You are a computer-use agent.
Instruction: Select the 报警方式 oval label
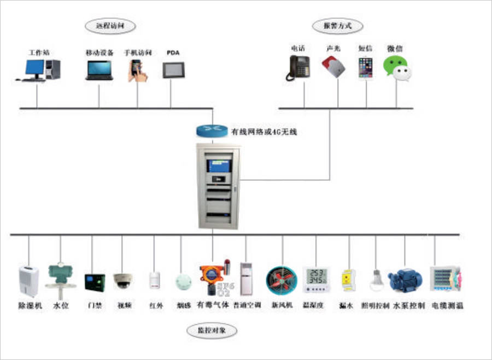pyautogui.click(x=338, y=26)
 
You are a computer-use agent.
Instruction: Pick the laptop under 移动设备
pyautogui.click(x=99, y=70)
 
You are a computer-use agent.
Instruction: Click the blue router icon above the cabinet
pyautogui.click(x=211, y=130)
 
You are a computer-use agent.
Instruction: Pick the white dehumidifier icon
pyautogui.click(x=29, y=281)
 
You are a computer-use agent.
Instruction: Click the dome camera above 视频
pyautogui.click(x=123, y=280)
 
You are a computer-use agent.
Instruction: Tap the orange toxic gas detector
pyautogui.click(x=209, y=279)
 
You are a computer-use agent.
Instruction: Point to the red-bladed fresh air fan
pyautogui.click(x=280, y=281)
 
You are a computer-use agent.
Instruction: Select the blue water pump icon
pyautogui.click(x=405, y=280)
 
